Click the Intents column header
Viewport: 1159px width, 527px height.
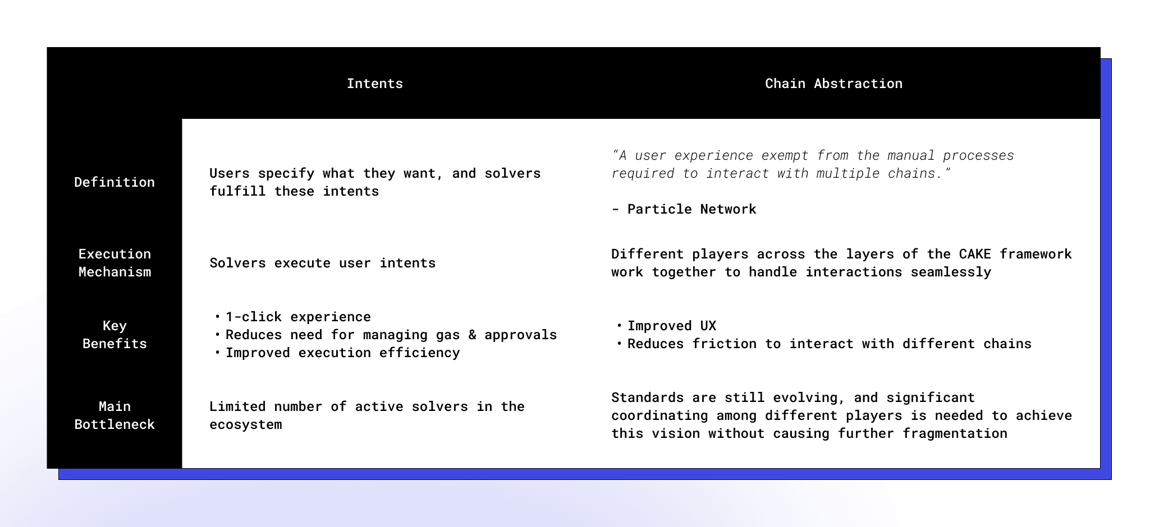(374, 84)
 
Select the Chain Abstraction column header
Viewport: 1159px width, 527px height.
(833, 84)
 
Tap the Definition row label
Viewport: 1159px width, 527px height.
(114, 182)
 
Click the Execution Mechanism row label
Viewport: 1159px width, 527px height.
(114, 263)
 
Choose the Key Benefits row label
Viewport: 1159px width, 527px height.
(114, 335)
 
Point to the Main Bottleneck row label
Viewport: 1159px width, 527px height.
(114, 415)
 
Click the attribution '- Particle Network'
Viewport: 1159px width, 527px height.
(684, 209)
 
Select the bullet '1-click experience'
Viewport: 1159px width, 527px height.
(298, 317)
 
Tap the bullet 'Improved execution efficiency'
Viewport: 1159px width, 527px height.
(342, 353)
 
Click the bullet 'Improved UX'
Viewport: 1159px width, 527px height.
(672, 326)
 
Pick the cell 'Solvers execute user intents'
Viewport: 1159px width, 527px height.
(322, 263)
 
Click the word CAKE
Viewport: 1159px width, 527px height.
(975, 254)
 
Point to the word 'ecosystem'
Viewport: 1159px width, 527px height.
(246, 425)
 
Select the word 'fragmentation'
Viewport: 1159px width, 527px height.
(955, 433)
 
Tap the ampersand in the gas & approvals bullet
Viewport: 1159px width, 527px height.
(472, 335)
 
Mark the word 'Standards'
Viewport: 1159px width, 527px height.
(647, 397)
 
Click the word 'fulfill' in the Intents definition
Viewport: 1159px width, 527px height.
(237, 191)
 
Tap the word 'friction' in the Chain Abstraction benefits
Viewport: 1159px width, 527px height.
(724, 344)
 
